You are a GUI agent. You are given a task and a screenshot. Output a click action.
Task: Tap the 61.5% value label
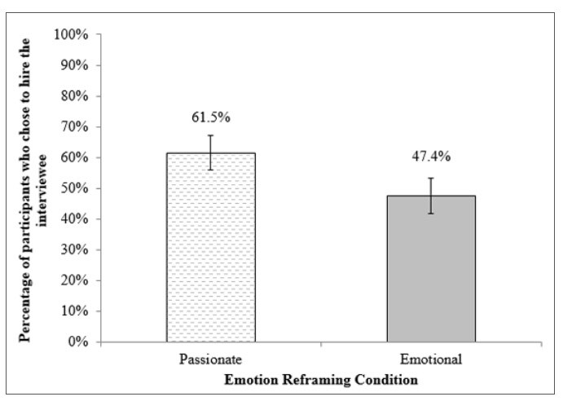211,117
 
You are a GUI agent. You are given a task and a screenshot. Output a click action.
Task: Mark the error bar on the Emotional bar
430,196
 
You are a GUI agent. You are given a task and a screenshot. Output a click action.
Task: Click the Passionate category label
211,359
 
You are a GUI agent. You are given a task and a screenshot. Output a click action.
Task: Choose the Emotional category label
430,359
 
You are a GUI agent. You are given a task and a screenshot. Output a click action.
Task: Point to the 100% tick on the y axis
71,34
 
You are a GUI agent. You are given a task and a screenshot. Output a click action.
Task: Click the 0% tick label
77,342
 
